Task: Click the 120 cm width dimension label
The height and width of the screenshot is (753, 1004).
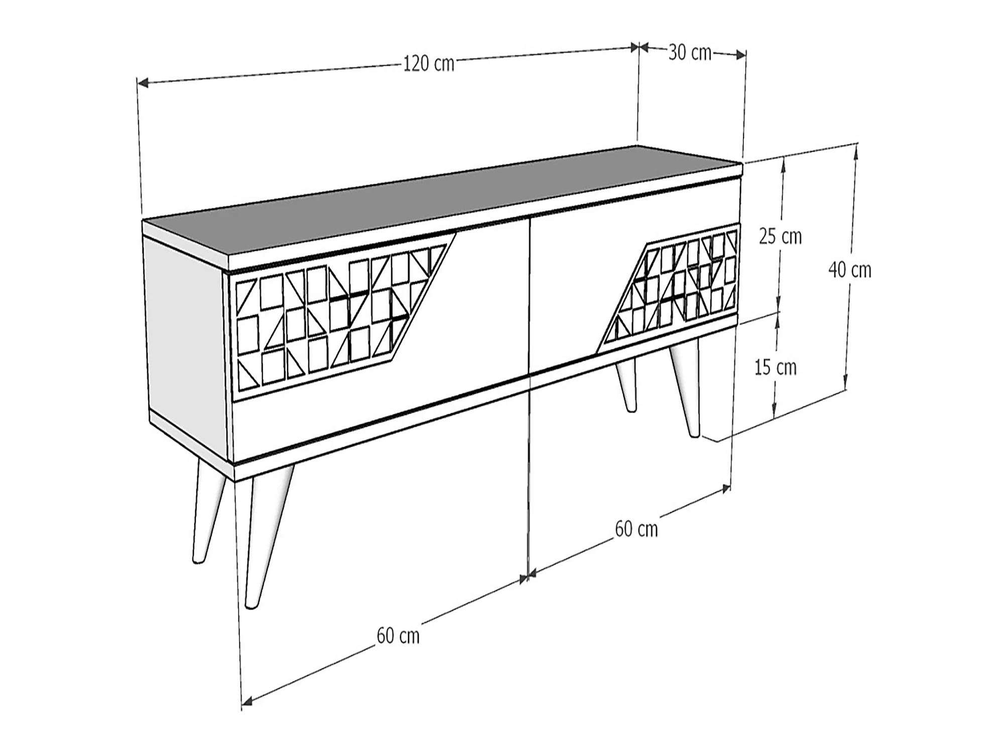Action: tap(429, 64)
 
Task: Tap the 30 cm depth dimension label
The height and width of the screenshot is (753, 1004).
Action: tap(690, 53)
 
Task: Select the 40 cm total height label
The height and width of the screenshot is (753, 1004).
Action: tap(849, 270)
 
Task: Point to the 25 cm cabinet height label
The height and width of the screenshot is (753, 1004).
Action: tap(780, 236)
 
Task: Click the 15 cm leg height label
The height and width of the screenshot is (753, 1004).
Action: tap(776, 367)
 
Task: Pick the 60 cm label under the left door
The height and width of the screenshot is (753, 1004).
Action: tap(398, 636)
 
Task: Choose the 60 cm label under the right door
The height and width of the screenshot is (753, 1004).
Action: tap(637, 529)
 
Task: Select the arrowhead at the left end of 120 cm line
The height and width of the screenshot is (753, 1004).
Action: tap(143, 83)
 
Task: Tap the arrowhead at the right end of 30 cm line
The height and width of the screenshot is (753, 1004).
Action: tap(740, 55)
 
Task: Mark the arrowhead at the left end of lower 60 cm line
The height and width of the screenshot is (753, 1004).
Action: tap(247, 701)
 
